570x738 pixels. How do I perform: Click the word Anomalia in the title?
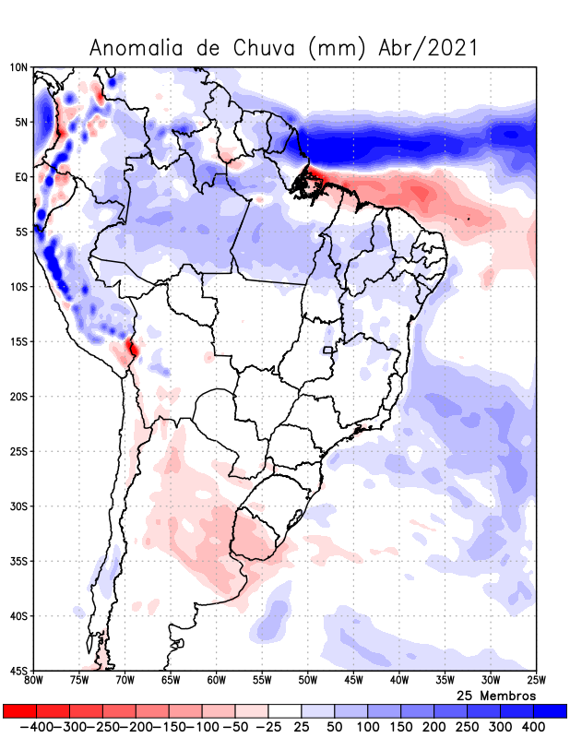tap(134, 48)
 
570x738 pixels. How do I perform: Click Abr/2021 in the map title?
tap(429, 48)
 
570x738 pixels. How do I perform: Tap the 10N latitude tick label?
tap(18, 67)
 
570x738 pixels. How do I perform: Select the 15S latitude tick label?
tap(18, 341)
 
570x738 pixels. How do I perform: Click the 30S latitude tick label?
tap(18, 506)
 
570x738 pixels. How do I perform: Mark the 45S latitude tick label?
tap(18, 670)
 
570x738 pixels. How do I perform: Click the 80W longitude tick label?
tap(34, 680)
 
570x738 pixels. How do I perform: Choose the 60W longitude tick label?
tap(216, 680)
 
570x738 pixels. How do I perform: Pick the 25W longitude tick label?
tap(535, 680)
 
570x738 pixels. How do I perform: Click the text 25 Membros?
tap(496, 695)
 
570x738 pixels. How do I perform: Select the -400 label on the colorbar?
tap(21, 727)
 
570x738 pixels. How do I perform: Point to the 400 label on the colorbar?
tap(534, 727)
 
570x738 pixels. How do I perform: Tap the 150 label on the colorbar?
tap(401, 727)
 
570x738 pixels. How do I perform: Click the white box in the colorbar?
tap(286, 711)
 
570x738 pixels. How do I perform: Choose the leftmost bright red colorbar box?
tap(19, 711)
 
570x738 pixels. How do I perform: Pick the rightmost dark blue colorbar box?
tap(551, 711)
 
